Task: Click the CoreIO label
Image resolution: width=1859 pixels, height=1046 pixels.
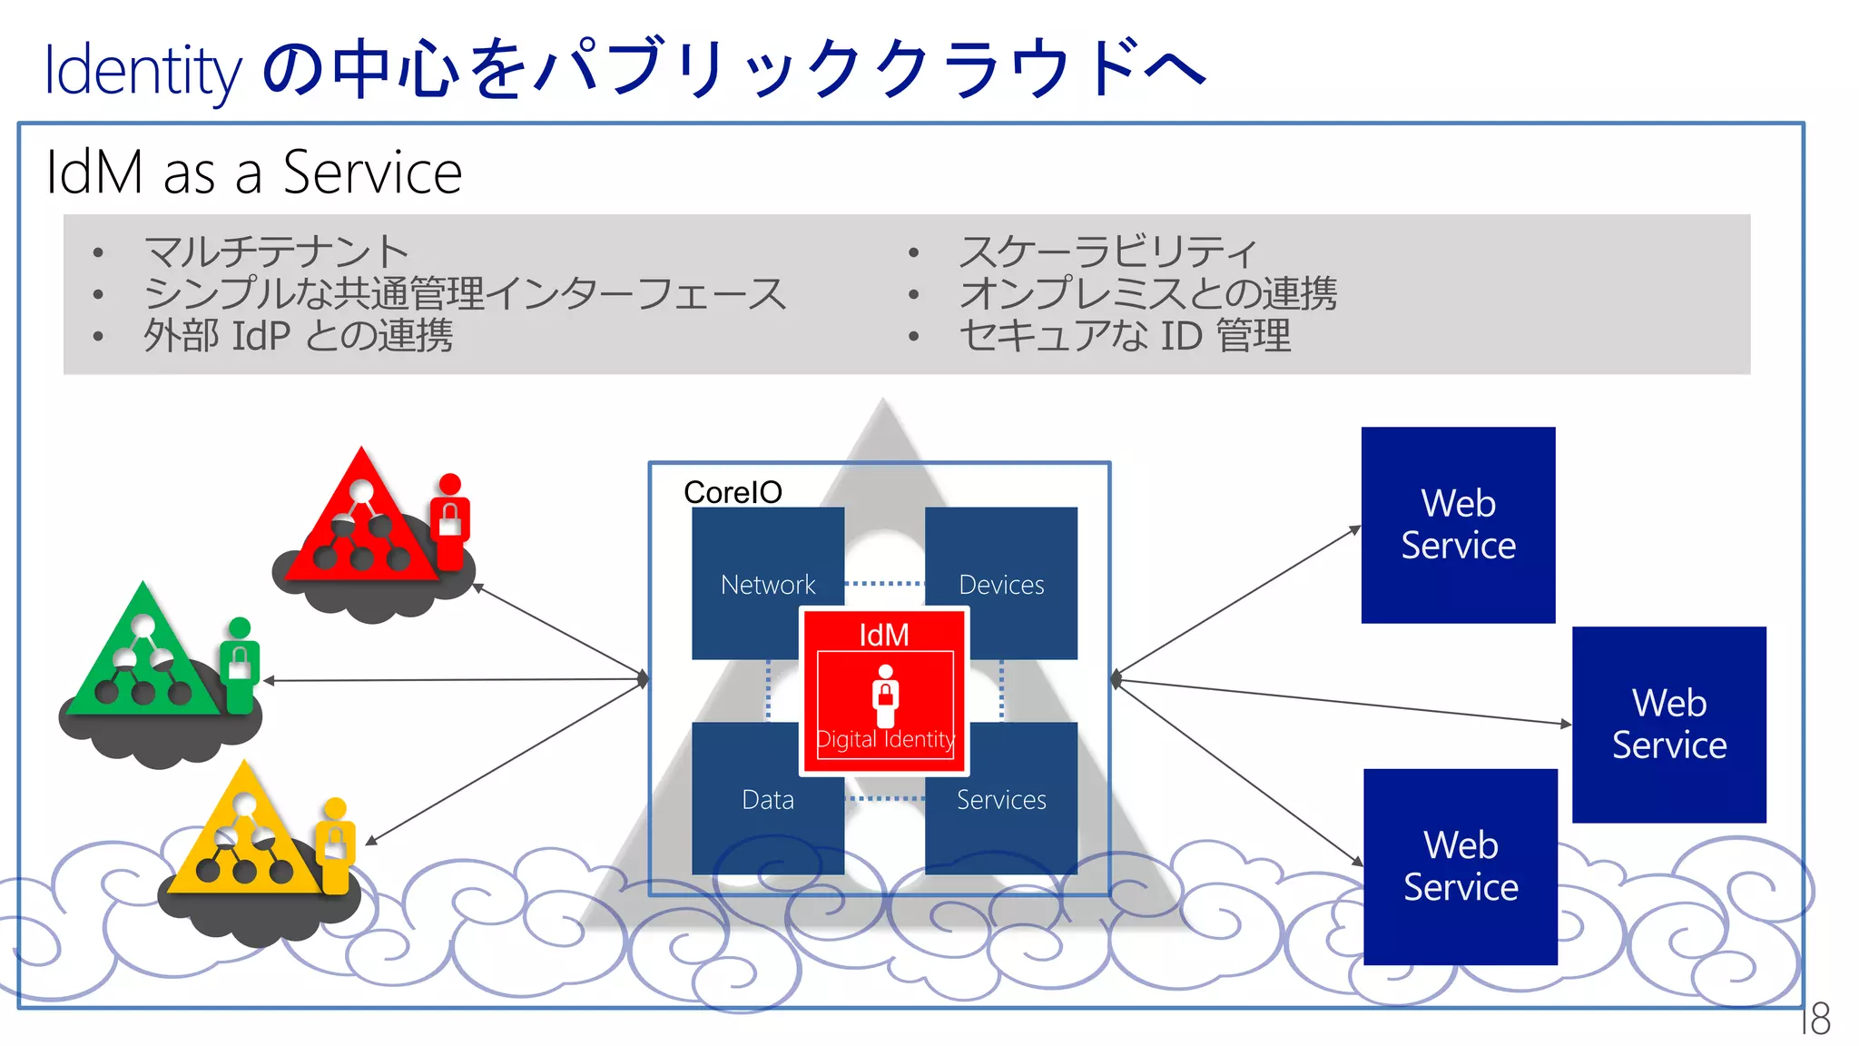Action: pos(733,492)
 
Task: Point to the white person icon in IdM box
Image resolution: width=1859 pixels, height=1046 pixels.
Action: pos(885,696)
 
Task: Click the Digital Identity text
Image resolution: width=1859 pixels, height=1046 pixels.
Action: pos(885,739)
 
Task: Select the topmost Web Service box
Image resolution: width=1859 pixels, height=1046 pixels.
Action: pos(1458,525)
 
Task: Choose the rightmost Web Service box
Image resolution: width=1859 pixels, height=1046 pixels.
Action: pos(1668,725)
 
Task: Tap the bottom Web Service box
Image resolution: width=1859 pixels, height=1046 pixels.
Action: pos(1460,866)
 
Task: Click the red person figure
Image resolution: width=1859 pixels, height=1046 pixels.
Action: pos(450,521)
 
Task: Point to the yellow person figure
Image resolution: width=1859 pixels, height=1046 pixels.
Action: pos(335,844)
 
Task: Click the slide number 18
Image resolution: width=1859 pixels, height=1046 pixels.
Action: pos(1816,1019)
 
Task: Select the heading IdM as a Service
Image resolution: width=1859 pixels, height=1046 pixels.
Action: pos(254,173)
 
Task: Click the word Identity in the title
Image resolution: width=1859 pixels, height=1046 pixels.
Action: pos(143,71)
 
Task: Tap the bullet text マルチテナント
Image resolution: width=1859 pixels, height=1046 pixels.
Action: pos(276,252)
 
